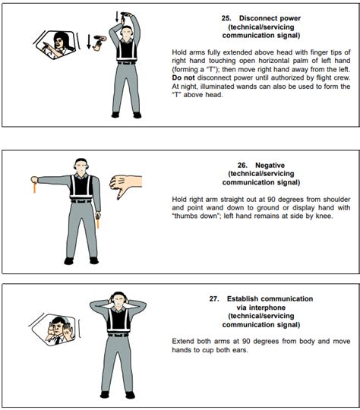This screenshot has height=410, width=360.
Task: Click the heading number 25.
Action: (226, 18)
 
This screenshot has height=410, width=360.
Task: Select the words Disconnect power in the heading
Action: (270, 18)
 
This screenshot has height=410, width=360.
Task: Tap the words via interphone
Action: (264, 307)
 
